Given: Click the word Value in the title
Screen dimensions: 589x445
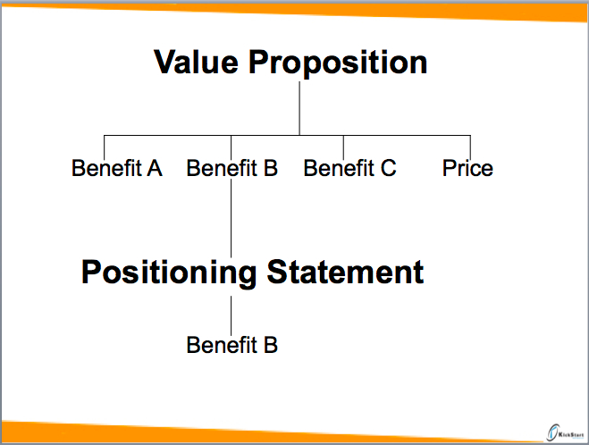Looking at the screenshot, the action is [196, 62].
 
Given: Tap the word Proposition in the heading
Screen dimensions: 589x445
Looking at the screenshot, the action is [338, 63].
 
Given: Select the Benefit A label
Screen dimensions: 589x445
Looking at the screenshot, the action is [117, 168].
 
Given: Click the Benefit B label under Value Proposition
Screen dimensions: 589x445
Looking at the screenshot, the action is [232, 168].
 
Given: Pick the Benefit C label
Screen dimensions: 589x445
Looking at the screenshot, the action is [349, 168].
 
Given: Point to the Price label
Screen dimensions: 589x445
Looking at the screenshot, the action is [467, 168].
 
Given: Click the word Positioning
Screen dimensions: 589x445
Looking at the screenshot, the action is [169, 273].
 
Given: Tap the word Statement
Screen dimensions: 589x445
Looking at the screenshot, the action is [345, 272].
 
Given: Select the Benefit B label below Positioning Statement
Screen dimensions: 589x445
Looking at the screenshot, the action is [232, 345].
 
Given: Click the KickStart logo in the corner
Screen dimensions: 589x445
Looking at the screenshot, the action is [566, 433].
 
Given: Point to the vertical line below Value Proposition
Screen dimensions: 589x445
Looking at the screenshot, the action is [299, 108].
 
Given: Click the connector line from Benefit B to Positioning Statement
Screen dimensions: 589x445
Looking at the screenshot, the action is [231, 217].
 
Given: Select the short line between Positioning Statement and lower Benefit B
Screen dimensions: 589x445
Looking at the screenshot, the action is [231, 315].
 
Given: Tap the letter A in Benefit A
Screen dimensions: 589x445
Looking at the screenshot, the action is [155, 168].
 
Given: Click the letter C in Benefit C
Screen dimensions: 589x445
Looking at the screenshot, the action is [389, 168].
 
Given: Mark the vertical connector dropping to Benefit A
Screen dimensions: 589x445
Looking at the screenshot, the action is [104, 147].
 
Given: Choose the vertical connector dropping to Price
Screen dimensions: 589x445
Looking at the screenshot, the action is [470, 147].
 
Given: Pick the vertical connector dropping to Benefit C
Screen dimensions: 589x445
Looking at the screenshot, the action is [343, 147].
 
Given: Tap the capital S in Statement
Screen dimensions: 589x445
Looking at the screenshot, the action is [276, 272].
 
